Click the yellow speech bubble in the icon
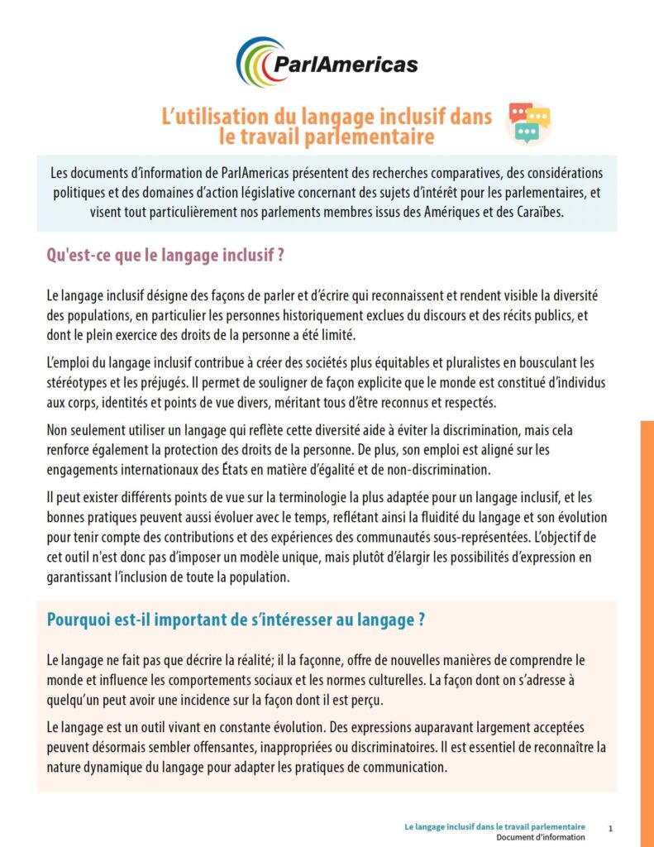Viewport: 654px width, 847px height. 539,117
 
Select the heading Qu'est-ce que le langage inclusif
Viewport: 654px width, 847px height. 166,255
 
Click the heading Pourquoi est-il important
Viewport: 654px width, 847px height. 236,620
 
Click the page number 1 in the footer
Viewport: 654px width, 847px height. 610,828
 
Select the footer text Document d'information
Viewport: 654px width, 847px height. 541,837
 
